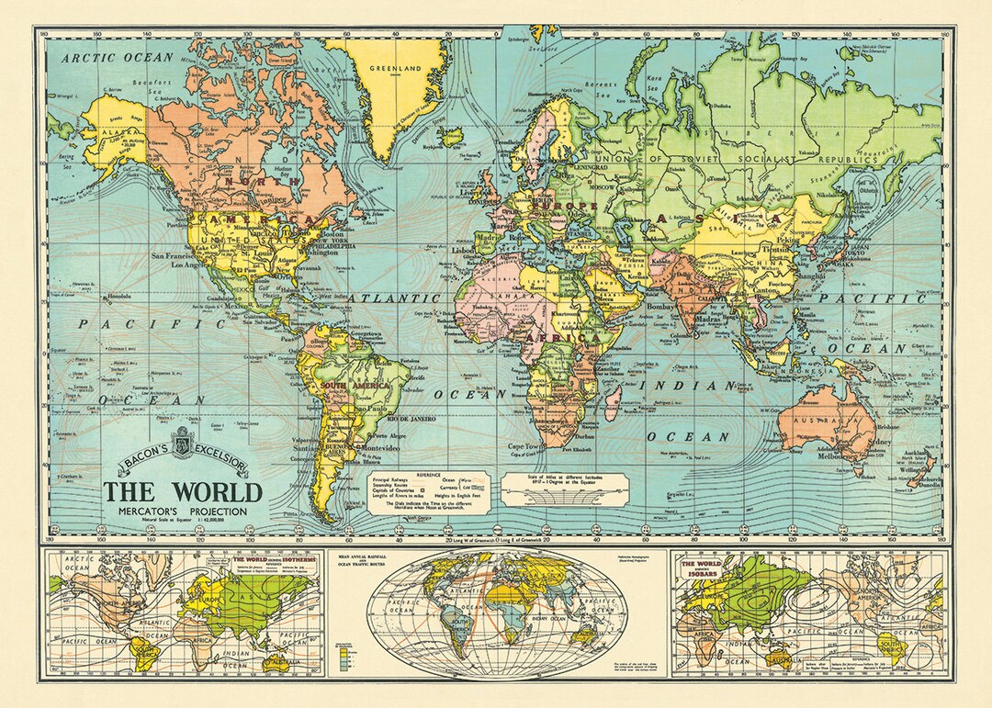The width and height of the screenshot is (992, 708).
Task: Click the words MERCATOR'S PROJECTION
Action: coord(182,511)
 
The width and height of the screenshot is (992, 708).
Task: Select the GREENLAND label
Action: coord(394,68)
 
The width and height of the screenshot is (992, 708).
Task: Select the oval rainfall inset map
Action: coord(496,612)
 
